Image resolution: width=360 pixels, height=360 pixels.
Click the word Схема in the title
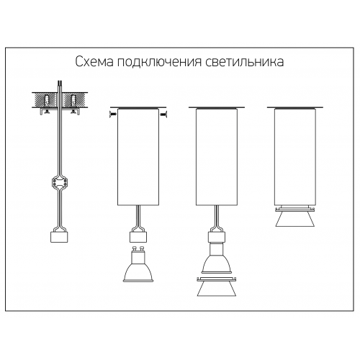tap(94, 62)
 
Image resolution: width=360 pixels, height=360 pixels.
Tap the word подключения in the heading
tap(159, 63)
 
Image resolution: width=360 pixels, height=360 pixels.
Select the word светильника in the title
tap(245, 62)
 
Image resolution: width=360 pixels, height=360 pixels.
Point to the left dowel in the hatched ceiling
tap(47, 101)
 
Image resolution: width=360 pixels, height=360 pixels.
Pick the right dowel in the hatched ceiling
tap(73, 101)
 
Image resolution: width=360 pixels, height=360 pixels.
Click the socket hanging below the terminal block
tap(59, 237)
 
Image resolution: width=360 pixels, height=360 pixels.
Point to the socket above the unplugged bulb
tap(138, 237)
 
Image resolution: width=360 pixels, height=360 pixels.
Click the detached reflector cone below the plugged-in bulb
tap(217, 289)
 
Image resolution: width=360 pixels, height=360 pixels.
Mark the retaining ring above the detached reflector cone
tap(217, 279)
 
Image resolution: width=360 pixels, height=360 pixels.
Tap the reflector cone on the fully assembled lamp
tap(295, 219)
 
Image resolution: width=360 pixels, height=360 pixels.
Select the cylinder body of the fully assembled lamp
tap(295, 157)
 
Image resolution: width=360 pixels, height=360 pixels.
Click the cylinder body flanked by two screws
tap(138, 157)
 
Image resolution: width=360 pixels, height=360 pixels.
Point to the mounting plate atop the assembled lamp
tap(295, 107)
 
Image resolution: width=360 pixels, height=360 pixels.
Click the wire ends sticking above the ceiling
tap(60, 86)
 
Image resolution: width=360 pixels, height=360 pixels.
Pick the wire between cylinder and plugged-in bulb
tap(217, 218)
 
